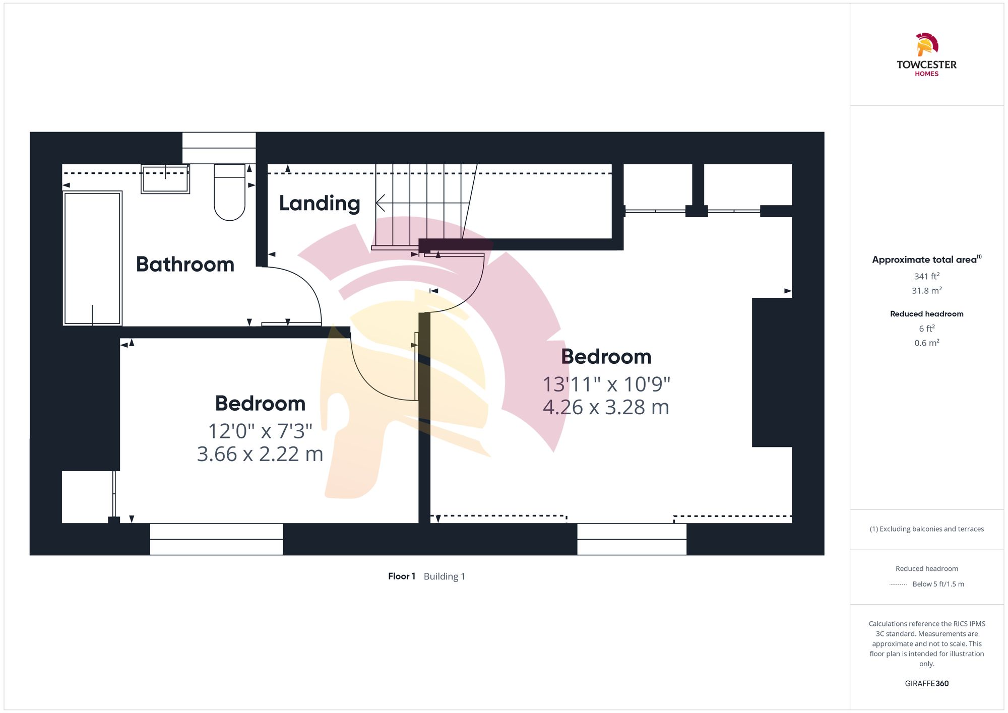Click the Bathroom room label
[185, 265]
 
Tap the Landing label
[320, 203]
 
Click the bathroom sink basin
[165, 179]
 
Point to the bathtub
[92, 258]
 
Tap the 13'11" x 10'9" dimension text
[606, 384]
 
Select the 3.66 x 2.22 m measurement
[260, 454]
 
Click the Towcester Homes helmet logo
[926, 44]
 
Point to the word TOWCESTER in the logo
[926, 64]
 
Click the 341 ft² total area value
[926, 276]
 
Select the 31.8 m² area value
[926, 291]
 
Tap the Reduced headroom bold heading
[926, 314]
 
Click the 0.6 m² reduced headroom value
[926, 343]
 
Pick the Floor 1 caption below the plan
[402, 576]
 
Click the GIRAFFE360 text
[926, 683]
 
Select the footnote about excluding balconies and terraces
[926, 529]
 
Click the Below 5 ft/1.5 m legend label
[938, 584]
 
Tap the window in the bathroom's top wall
[219, 148]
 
